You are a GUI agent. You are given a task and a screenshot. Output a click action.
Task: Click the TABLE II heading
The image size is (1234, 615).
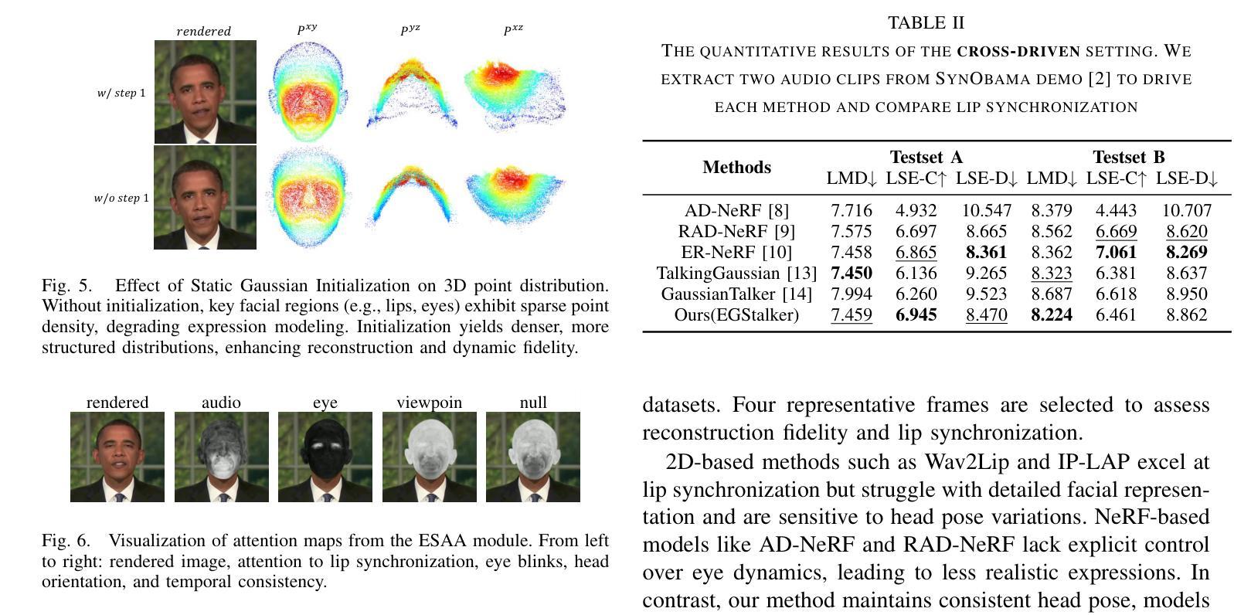pyautogui.click(x=926, y=23)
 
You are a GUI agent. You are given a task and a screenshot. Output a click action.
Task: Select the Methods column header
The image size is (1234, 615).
pyautogui.click(x=736, y=168)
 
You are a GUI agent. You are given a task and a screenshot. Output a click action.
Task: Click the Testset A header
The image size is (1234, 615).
pyautogui.click(x=926, y=158)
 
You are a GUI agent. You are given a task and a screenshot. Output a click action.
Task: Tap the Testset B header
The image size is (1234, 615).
pyautogui.click(x=1128, y=158)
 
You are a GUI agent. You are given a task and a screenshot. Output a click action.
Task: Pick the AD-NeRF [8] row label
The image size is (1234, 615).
pyautogui.click(x=736, y=210)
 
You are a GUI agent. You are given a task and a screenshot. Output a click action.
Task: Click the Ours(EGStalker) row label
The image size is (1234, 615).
pyautogui.click(x=736, y=314)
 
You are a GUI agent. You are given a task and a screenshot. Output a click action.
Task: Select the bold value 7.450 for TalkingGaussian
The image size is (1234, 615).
pyautogui.click(x=851, y=273)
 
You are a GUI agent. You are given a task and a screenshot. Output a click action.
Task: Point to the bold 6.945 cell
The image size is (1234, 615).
pyautogui.click(x=916, y=314)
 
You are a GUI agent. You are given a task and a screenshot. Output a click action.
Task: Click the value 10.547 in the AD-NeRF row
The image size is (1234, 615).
pyautogui.click(x=986, y=210)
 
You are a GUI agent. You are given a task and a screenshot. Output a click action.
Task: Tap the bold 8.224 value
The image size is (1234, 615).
pyautogui.click(x=1051, y=314)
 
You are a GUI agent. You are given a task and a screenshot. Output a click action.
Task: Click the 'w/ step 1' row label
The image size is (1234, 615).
pyautogui.click(x=121, y=93)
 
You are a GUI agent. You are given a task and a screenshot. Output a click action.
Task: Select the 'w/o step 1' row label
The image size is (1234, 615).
pyautogui.click(x=121, y=199)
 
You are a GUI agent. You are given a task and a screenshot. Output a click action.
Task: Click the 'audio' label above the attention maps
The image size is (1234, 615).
pyautogui.click(x=221, y=403)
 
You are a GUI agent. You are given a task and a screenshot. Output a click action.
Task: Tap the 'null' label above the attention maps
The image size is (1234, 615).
pyautogui.click(x=533, y=403)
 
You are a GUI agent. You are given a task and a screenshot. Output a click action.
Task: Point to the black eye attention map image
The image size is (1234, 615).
pyautogui.click(x=325, y=456)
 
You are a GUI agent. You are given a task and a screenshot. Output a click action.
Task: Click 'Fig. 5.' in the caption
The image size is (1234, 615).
pyautogui.click(x=65, y=286)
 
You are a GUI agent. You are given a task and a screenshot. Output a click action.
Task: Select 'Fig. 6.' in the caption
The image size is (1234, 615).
pyautogui.click(x=65, y=541)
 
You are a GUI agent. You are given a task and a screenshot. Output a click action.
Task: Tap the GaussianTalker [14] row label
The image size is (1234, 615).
pyautogui.click(x=736, y=294)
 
